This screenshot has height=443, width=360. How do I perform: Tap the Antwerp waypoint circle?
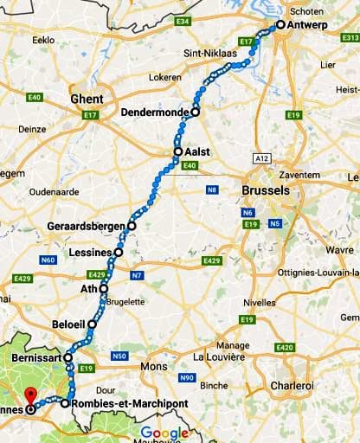[x=280, y=25]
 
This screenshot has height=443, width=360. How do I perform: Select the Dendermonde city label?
[x=156, y=112]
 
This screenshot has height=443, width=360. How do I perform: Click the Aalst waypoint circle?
[x=177, y=151]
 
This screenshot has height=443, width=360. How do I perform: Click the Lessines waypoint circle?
[x=119, y=253]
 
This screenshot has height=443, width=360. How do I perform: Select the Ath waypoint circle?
[x=104, y=289]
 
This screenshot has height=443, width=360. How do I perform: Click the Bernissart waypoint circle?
[x=67, y=356]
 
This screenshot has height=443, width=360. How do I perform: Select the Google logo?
[x=164, y=433]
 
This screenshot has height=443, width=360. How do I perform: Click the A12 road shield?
[x=260, y=157]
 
